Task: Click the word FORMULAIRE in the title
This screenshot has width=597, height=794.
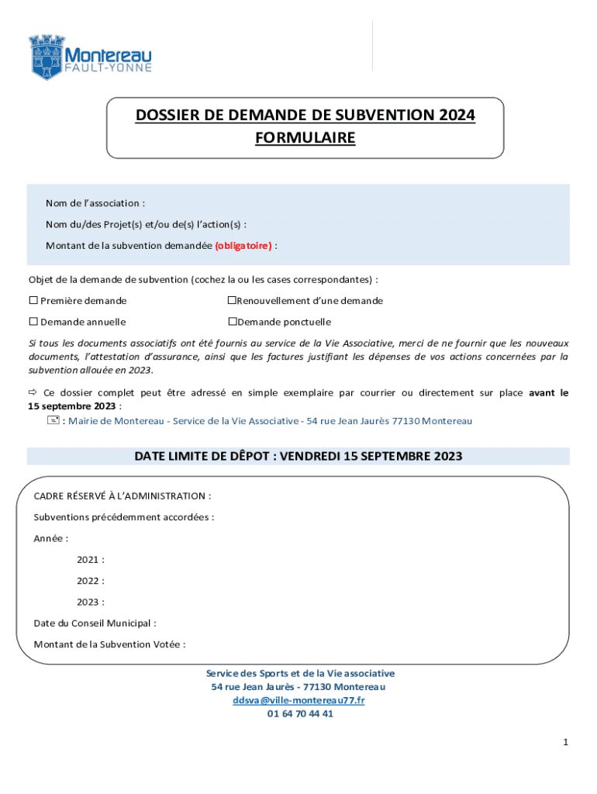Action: click(x=305, y=138)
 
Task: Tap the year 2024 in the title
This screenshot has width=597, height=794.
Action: click(x=456, y=116)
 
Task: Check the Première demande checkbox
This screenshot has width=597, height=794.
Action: click(x=33, y=300)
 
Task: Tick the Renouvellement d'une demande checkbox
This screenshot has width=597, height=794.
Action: click(x=231, y=300)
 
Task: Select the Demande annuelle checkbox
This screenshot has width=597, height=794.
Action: click(x=33, y=321)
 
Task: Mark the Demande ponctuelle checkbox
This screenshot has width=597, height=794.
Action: click(x=231, y=321)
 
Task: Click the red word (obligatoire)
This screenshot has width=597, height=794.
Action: click(x=243, y=246)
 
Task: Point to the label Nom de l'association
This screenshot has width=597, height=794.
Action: click(x=95, y=203)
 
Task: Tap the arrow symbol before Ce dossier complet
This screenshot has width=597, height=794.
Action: click(x=33, y=393)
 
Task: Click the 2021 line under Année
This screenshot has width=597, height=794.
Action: click(x=90, y=559)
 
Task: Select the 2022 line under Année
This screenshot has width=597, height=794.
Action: click(x=90, y=580)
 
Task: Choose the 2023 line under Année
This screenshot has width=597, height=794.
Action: click(x=90, y=602)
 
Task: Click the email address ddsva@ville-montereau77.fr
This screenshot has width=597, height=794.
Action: click(x=298, y=700)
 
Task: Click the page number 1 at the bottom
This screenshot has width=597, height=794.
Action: click(x=566, y=743)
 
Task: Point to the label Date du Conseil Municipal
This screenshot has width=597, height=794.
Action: click(x=95, y=623)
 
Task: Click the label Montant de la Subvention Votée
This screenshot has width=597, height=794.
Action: click(x=109, y=644)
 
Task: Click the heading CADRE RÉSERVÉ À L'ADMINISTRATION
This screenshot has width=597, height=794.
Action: click(x=123, y=495)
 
